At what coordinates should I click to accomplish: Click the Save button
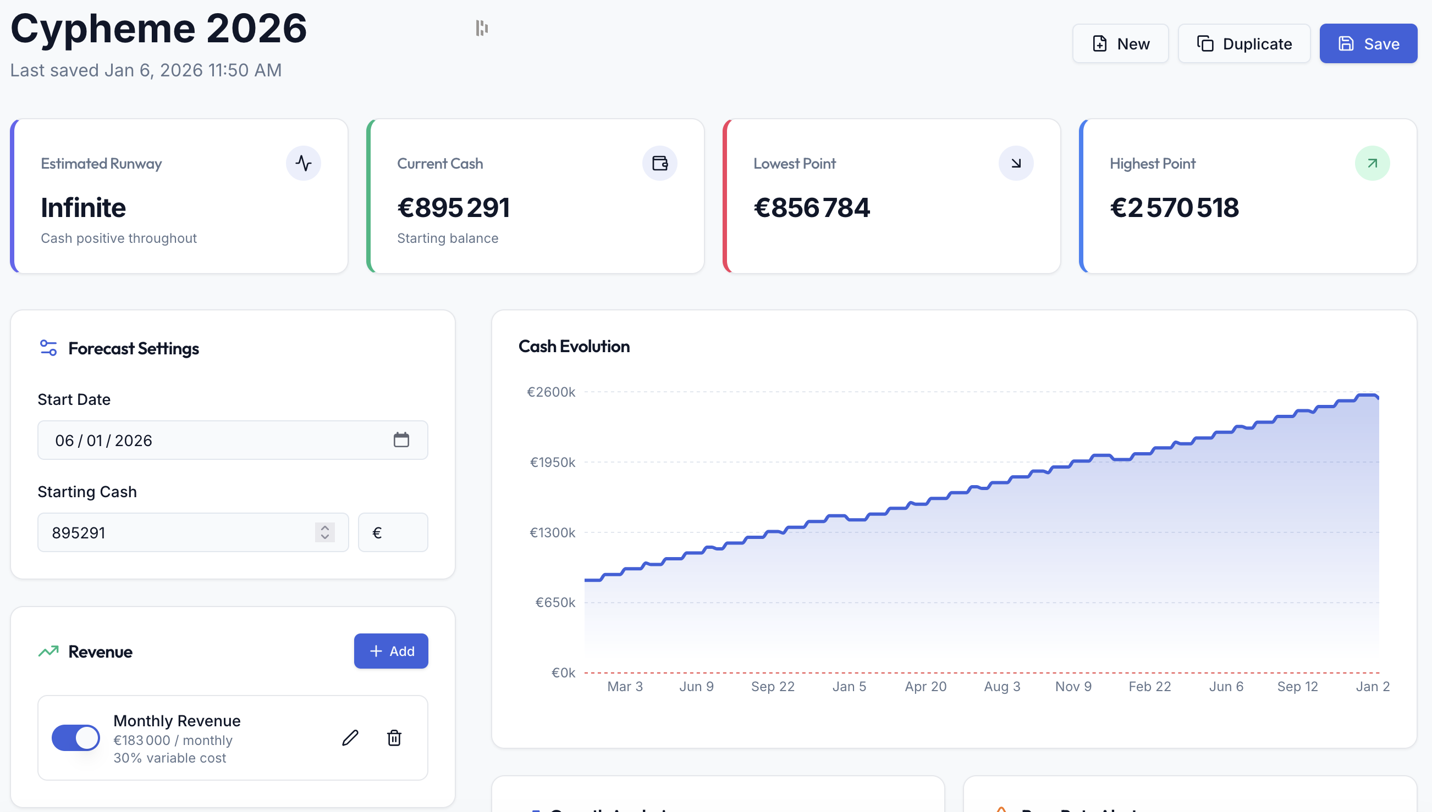click(x=1368, y=43)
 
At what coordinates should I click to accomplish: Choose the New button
click(x=1120, y=43)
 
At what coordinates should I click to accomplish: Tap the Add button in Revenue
click(x=390, y=651)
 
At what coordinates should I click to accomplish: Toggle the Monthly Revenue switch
click(x=76, y=738)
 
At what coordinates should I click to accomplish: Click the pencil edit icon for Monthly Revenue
click(x=350, y=738)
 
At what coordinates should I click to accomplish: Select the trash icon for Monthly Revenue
click(x=394, y=738)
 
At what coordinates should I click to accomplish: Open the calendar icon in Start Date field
click(x=401, y=440)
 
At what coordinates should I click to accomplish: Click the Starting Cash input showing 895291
click(x=179, y=532)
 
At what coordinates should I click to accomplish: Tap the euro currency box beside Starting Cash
click(x=392, y=532)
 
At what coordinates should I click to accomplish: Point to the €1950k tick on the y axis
click(x=552, y=463)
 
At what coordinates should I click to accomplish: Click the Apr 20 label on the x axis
click(x=926, y=687)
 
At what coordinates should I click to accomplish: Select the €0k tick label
click(x=563, y=672)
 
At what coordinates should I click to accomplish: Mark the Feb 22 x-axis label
click(x=1150, y=687)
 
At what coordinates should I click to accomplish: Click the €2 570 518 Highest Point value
click(x=1174, y=208)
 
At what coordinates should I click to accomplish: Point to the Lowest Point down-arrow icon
click(x=1016, y=163)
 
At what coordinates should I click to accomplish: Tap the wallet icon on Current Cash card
click(x=660, y=163)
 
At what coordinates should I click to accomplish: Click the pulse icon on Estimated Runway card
click(x=304, y=163)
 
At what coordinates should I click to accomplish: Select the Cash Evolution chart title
click(x=574, y=346)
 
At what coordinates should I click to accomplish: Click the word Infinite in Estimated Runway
click(x=84, y=208)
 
